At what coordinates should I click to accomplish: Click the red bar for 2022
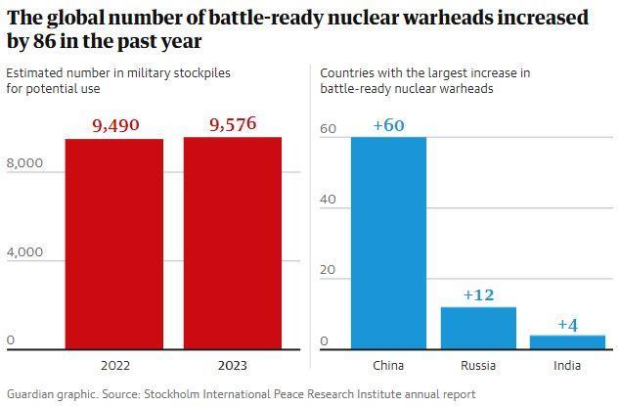tap(114, 244)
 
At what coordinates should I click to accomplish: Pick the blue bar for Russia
tap(478, 328)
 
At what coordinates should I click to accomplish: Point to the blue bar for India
tap(567, 341)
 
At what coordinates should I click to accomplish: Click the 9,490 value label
tap(115, 125)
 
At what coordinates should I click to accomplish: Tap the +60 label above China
tap(388, 125)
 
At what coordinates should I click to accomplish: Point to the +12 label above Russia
tap(478, 294)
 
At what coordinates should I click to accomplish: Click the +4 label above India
tap(567, 324)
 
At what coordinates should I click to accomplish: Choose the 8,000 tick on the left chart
tap(24, 163)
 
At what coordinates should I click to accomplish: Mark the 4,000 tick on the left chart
tap(24, 252)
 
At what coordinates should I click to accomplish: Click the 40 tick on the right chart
tap(329, 200)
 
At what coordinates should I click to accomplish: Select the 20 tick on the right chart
tap(329, 270)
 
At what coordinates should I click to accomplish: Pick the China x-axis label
tap(388, 366)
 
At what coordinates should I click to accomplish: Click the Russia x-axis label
tap(478, 366)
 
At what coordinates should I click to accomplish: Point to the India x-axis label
tap(567, 366)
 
